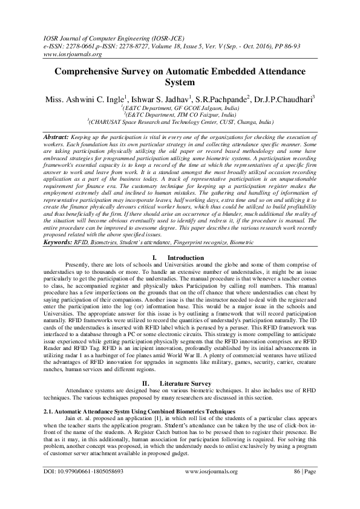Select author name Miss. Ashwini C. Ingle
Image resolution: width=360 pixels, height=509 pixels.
[81, 97]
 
